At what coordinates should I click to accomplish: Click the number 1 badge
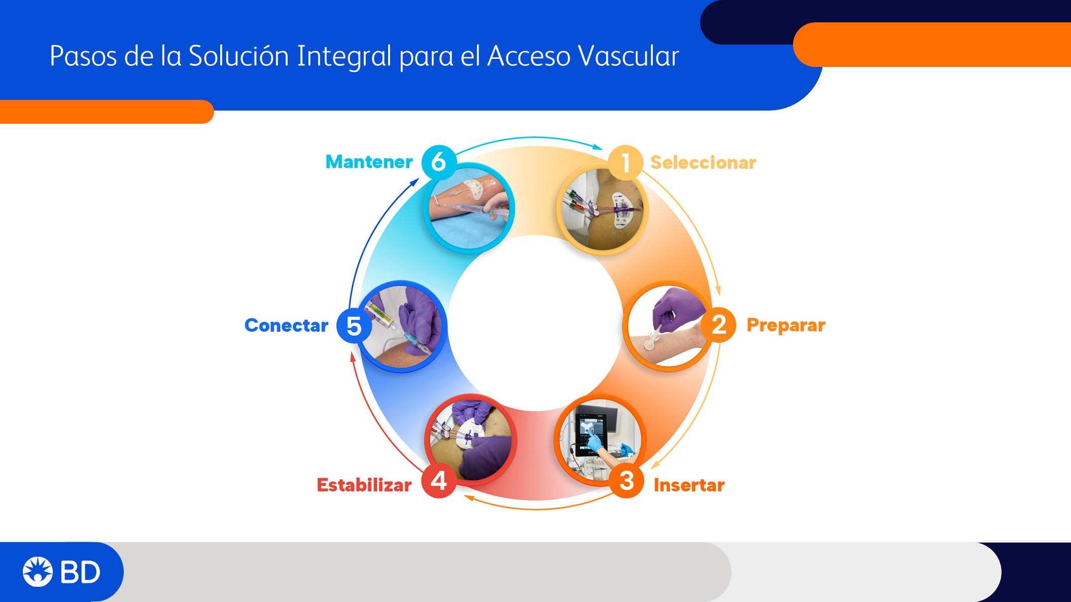(626, 163)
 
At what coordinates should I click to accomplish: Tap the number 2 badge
(718, 325)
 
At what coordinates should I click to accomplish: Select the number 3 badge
(627, 480)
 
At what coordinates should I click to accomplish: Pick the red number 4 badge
(439, 480)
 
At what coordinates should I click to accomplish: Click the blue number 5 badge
(354, 325)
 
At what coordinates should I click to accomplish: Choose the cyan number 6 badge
(439, 162)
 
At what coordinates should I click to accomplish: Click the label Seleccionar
(703, 163)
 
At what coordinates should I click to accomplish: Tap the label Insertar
(689, 485)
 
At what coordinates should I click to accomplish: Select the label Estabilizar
(364, 485)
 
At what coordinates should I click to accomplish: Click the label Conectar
(287, 325)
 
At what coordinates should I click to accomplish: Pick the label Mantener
(369, 162)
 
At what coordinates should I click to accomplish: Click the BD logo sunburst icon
(38, 572)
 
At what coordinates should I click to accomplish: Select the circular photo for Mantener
(469, 208)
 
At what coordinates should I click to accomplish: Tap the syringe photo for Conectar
(401, 327)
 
